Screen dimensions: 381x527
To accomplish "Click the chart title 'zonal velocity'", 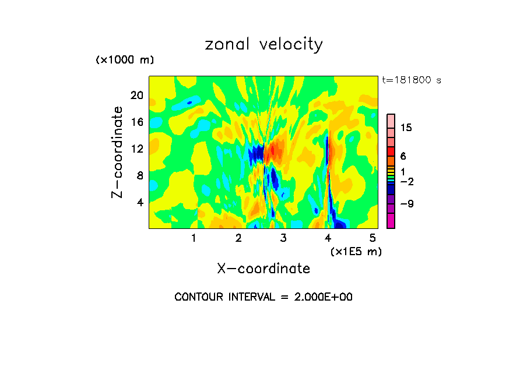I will pyautogui.click(x=263, y=45).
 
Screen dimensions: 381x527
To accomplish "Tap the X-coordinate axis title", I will pyautogui.click(x=263, y=269).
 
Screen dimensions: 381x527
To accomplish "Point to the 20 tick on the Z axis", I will pyautogui.click(x=136, y=96).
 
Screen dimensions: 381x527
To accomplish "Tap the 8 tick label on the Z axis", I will pyautogui.click(x=139, y=176).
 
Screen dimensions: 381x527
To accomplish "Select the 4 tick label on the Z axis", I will pyautogui.click(x=139, y=203).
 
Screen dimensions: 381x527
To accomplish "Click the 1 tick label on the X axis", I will pyautogui.click(x=194, y=238).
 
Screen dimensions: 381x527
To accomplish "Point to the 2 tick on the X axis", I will pyautogui.click(x=238, y=238).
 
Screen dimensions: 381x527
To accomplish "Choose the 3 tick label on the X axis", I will pyautogui.click(x=283, y=238).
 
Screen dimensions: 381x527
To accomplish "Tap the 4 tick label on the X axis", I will pyautogui.click(x=328, y=238).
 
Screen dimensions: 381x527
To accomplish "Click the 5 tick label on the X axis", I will pyautogui.click(x=373, y=238).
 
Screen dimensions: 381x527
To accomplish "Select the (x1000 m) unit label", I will pyautogui.click(x=124, y=60).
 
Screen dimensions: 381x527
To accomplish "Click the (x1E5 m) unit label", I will pyautogui.click(x=356, y=251).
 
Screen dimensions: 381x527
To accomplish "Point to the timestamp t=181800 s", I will pyautogui.click(x=411, y=80).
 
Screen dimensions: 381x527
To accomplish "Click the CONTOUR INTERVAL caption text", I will pyautogui.click(x=263, y=297).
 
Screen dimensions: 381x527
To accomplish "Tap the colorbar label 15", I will pyautogui.click(x=406, y=128).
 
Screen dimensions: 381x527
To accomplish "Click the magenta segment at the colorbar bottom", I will pyautogui.click(x=391, y=221).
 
